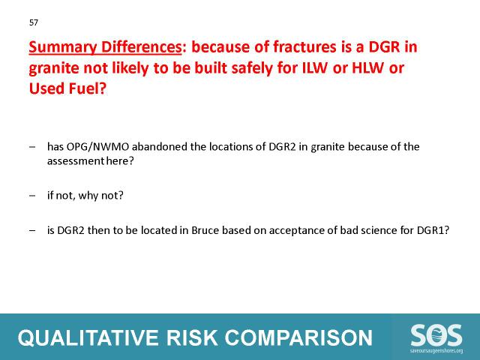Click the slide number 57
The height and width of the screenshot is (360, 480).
click(x=34, y=22)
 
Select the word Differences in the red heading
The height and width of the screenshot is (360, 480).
click(x=141, y=46)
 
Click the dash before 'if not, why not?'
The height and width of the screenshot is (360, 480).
click(x=32, y=195)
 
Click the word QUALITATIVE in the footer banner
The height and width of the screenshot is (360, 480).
click(x=88, y=338)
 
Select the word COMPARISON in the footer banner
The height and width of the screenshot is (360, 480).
click(x=298, y=338)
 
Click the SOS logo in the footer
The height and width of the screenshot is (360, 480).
click(x=436, y=336)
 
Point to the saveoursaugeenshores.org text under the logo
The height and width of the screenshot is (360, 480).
click(x=436, y=351)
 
